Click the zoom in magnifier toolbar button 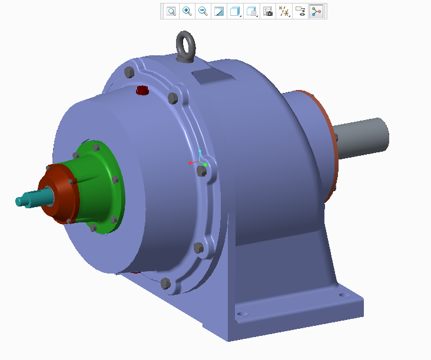click(187, 11)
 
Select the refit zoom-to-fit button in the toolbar click(171, 11)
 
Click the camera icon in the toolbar click(268, 11)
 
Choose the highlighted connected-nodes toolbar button click(317, 11)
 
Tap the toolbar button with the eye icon click(300, 11)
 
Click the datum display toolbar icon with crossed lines click(284, 11)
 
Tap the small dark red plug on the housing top click(142, 91)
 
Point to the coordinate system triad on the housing click(199, 160)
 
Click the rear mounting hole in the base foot click(342, 292)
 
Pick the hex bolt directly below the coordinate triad click(201, 171)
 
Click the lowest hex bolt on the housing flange click(165, 283)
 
